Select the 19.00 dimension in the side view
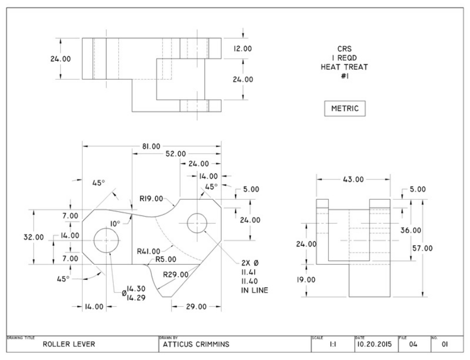306,279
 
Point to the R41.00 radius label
148,250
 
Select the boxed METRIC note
345,109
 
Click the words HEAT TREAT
344,66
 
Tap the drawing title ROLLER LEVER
69,344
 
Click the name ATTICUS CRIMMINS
196,344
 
